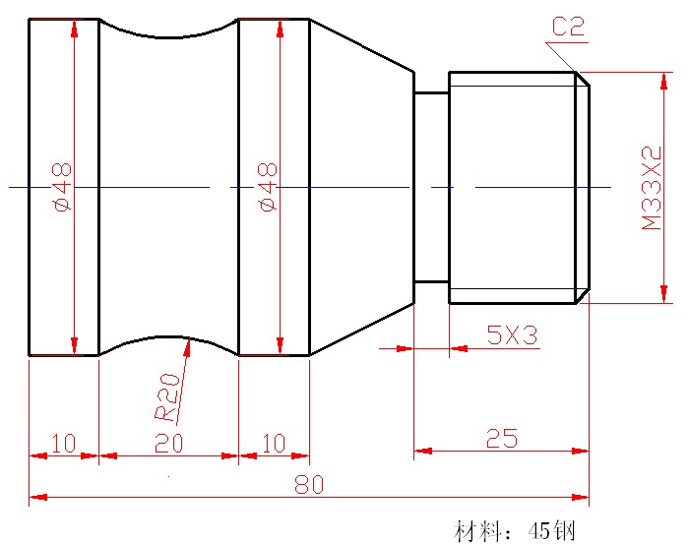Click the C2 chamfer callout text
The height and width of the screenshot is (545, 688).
coord(568,27)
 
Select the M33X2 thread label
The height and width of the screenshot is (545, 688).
coord(651,189)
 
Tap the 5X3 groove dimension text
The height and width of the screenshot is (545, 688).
coord(512,335)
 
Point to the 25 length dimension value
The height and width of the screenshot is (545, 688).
coord(501,438)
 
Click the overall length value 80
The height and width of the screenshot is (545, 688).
coord(308,485)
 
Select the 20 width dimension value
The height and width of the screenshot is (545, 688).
coord(168,444)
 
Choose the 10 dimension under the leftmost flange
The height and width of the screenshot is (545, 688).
coord(63,444)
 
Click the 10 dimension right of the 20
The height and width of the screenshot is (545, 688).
coord(275,444)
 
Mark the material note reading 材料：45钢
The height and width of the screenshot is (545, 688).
coord(513,531)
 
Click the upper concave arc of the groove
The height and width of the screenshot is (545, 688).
coord(168,36)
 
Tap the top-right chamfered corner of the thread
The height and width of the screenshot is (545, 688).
coord(583,78)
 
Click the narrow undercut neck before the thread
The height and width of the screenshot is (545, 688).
coord(431,187)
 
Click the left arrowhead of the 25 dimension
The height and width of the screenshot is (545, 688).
coord(421,452)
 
